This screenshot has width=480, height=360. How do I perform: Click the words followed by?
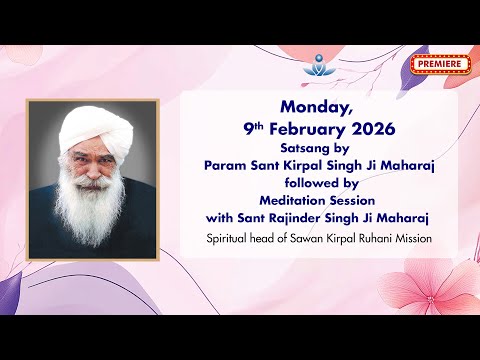pos(318,182)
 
